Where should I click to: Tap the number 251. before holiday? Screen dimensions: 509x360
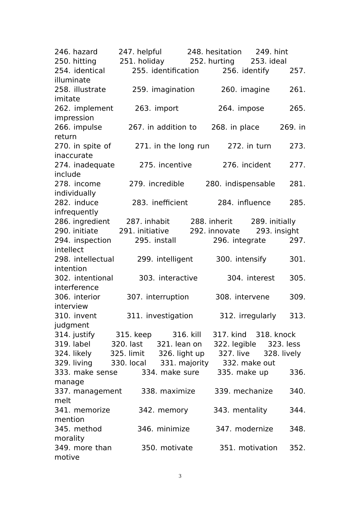click(x=127, y=61)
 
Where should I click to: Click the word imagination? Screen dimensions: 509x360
click(x=173, y=90)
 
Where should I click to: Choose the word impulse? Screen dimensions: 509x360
click(x=88, y=127)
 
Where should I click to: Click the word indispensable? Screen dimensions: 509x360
click(x=250, y=184)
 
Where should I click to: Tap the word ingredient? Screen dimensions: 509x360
click(x=91, y=222)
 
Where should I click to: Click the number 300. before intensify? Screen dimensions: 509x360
click(x=224, y=259)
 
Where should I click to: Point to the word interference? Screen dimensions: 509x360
click(x=76, y=288)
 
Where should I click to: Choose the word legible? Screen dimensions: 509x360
click(x=244, y=344)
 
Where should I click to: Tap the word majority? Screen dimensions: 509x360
click(x=193, y=363)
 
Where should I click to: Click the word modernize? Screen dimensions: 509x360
click(x=254, y=429)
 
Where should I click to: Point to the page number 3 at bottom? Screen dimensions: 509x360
click(x=180, y=476)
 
